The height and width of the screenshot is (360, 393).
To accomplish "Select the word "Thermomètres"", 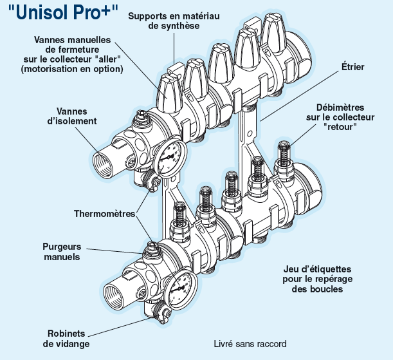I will [104, 213].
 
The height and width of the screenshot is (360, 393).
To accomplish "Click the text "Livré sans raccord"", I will [250, 344].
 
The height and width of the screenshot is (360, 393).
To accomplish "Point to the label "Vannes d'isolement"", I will [77, 116].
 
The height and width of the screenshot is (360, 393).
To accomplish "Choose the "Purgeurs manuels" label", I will [62, 251].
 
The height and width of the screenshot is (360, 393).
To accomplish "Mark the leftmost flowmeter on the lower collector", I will [178, 216].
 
